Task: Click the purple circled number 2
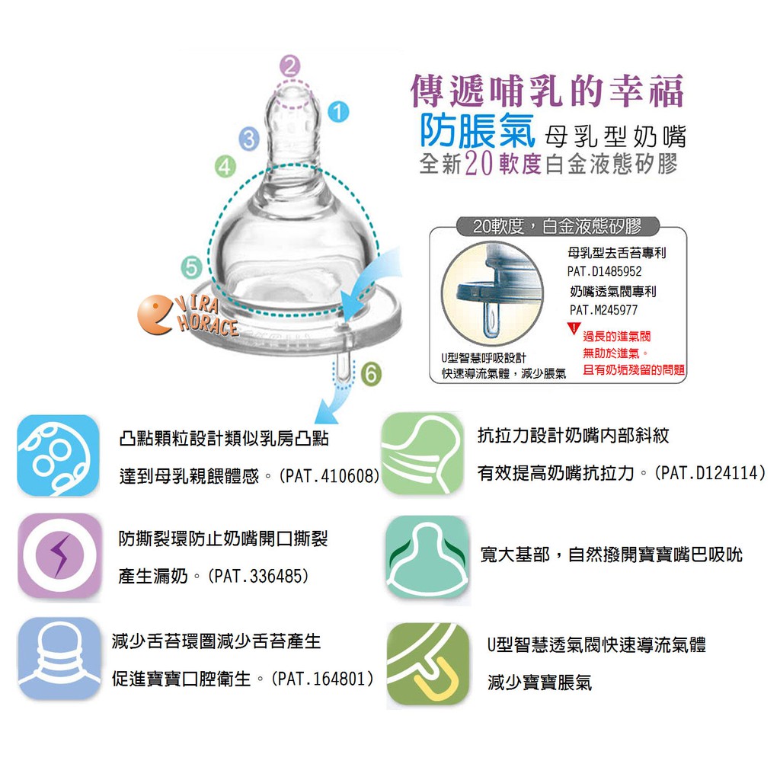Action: pyautogui.click(x=290, y=66)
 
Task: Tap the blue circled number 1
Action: pyautogui.click(x=338, y=112)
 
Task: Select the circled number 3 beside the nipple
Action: pyautogui.click(x=249, y=139)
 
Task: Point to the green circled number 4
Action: pyautogui.click(x=225, y=166)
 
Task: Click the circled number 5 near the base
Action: pyautogui.click(x=191, y=267)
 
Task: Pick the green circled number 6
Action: pyautogui.click(x=371, y=374)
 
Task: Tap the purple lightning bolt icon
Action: pyautogui.click(x=59, y=555)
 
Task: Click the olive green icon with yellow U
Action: pyautogui.click(x=428, y=663)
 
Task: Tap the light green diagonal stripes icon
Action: pyautogui.click(x=422, y=453)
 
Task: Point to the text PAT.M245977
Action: pyautogui.click(x=603, y=311)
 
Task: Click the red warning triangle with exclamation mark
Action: pyautogui.click(x=574, y=328)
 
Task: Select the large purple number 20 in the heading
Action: pyautogui.click(x=478, y=163)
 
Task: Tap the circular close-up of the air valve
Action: pyautogui.click(x=492, y=292)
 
